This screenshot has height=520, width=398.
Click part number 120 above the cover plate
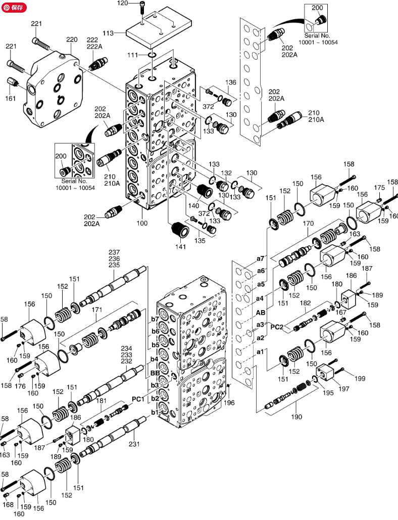(123, 4)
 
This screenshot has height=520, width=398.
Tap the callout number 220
(72, 39)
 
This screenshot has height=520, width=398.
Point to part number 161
(11, 98)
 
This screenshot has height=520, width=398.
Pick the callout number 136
(230, 82)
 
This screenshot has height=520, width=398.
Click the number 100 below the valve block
(142, 223)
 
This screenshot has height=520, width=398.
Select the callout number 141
(180, 246)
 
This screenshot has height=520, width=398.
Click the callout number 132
(226, 172)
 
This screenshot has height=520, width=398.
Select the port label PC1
(139, 399)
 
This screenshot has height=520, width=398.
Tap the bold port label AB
(261, 312)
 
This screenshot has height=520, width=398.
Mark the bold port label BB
(155, 373)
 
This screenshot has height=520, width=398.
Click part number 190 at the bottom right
(296, 417)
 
